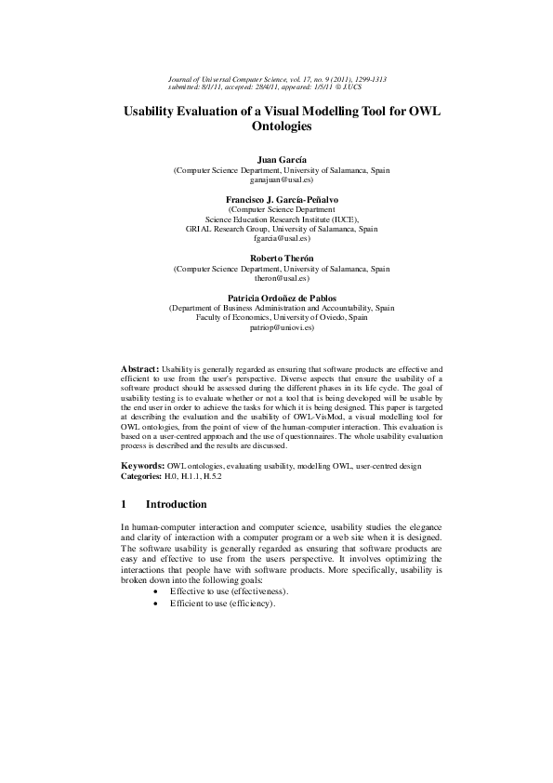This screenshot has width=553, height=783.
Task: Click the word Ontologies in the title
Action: (276, 127)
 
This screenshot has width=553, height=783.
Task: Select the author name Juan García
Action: (276, 160)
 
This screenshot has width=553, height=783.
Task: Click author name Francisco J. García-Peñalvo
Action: (276, 200)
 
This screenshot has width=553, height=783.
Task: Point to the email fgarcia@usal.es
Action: (276, 237)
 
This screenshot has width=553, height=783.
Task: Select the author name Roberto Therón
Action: (276, 258)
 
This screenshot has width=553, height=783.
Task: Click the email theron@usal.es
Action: (276, 277)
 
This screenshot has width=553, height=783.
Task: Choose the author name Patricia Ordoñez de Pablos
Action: (276, 297)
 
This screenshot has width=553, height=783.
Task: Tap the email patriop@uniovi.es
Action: (276, 327)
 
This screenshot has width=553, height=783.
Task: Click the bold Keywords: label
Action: (143, 464)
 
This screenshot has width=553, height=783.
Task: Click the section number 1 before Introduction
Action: (125, 504)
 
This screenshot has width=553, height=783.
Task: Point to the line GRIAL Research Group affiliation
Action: (276, 228)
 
